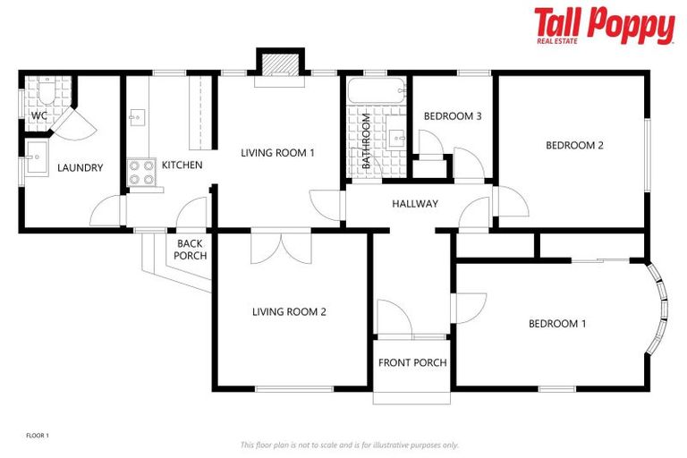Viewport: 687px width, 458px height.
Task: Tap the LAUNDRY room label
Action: click(x=81, y=167)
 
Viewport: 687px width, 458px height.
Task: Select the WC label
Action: click(x=39, y=116)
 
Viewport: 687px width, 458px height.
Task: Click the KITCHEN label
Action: click(x=182, y=165)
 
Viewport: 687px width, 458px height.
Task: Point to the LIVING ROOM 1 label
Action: click(x=278, y=153)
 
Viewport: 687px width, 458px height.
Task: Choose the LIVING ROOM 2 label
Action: click(x=289, y=312)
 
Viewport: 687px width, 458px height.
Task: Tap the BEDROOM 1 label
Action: click(x=556, y=324)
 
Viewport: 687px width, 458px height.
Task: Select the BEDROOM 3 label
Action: click(x=453, y=116)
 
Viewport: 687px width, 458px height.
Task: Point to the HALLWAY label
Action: click(x=415, y=204)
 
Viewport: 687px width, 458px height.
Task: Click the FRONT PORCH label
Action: click(x=412, y=362)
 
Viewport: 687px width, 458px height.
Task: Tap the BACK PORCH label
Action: click(x=191, y=250)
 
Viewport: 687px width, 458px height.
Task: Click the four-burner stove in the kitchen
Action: click(x=141, y=171)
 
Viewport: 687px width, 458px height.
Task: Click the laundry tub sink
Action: click(x=38, y=159)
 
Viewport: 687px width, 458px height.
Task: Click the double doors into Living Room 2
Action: click(x=280, y=247)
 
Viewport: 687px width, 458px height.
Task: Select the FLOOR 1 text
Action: click(x=38, y=436)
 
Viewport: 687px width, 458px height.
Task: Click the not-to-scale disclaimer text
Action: click(x=349, y=445)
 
